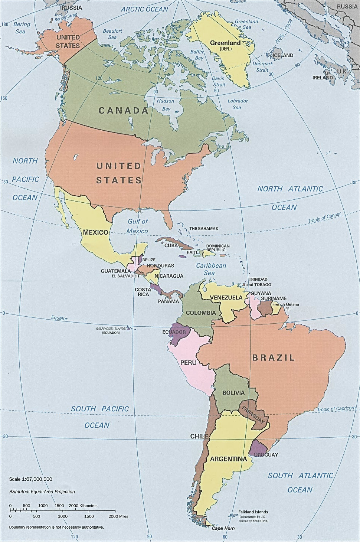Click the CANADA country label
pos(124,111)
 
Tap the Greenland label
pos(225,43)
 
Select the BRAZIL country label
pos(274,357)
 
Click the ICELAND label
pos(283,55)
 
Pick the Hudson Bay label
pos(166,105)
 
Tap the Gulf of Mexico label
pos(137,226)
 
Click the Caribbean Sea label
pos(211,269)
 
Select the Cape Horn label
pos(223,528)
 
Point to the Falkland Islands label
pos(253,512)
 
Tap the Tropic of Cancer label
pos(324,218)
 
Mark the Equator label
pos(59,318)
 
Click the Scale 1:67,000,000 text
pos(31,479)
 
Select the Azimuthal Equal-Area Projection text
pos(42,492)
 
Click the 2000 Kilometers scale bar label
pos(83,505)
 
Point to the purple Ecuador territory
pos(177,334)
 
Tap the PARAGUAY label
pos(253,415)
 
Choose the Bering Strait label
pos(66,17)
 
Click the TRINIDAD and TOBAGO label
pos(259,282)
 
